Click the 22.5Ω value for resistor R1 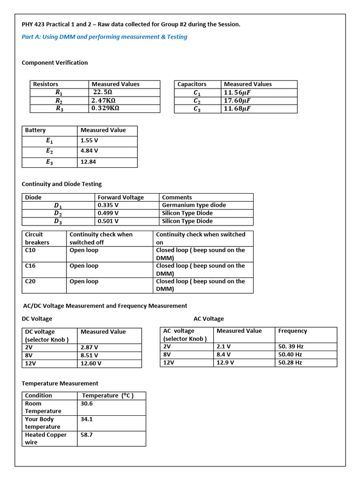pos(102,92)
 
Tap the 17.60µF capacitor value pos(237,100)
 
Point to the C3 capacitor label pos(197,109)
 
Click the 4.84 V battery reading pos(90,151)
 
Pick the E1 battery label pos(49,141)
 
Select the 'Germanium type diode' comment pos(194,205)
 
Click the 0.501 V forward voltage pos(108,221)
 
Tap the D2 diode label pos(58,213)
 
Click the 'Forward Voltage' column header pos(120,197)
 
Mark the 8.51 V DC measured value pos(90,355)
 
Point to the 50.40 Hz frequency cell pos(290,354)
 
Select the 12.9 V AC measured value pos(225,362)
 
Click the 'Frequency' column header pos(292,331)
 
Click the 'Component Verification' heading pos(55,63)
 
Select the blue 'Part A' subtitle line pos(105,37)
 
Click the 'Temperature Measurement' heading pos(60,383)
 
